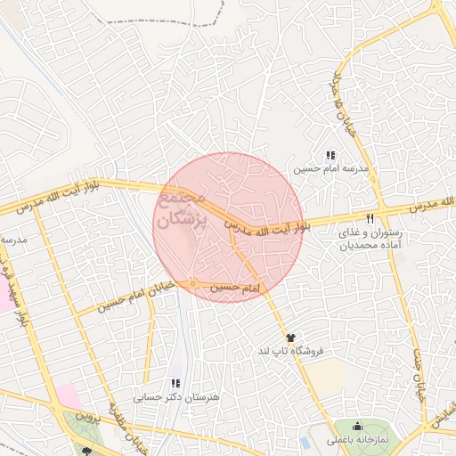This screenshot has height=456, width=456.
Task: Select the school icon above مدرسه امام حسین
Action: tap(331, 155)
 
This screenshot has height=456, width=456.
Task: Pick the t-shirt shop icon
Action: tap(289, 338)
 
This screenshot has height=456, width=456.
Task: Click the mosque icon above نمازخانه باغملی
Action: tap(358, 426)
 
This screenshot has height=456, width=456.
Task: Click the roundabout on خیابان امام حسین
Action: tap(192, 284)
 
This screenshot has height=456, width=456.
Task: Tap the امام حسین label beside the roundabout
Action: tap(235, 289)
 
